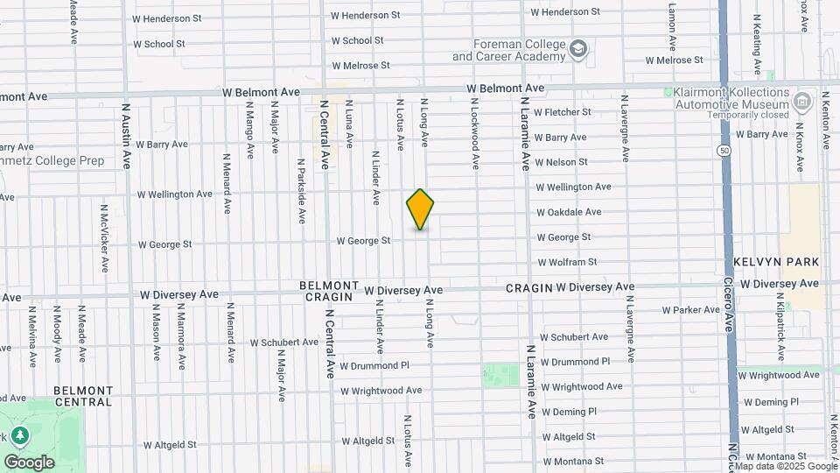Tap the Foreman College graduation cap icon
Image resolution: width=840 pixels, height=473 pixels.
[578, 49]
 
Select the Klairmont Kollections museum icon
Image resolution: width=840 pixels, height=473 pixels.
[801, 102]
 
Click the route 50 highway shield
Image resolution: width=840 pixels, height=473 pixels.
[724, 151]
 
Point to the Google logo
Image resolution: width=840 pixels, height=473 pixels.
[29, 462]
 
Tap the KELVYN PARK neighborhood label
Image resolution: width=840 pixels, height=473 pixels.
[776, 262]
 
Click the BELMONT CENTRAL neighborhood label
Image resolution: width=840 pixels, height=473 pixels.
[83, 396]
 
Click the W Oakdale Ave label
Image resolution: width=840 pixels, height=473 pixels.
[569, 212]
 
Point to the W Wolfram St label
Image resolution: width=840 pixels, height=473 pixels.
[567, 262]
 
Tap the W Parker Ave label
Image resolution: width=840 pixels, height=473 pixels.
[690, 310]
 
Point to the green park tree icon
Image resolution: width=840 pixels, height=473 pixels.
[19, 434]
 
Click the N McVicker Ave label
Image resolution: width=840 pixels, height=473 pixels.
[104, 239]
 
